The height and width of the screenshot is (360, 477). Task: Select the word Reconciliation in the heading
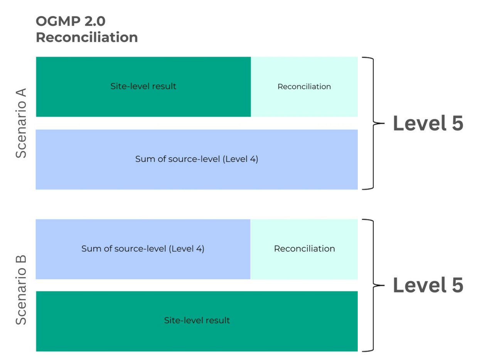click(x=87, y=37)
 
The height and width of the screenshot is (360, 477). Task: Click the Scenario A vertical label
click(x=21, y=123)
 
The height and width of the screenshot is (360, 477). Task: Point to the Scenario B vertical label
click(x=21, y=290)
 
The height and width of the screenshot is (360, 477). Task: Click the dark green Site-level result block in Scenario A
click(x=143, y=86)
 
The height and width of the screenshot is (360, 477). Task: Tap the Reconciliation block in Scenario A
click(x=304, y=86)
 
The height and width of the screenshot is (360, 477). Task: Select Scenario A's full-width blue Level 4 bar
click(x=197, y=159)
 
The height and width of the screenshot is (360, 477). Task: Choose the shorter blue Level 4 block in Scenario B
click(x=143, y=249)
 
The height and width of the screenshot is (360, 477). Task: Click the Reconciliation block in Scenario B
click(x=304, y=249)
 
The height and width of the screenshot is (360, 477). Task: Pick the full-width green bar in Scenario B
click(x=197, y=321)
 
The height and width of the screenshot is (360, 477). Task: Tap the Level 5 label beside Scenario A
click(x=428, y=123)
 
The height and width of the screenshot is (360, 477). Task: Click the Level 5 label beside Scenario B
click(x=428, y=285)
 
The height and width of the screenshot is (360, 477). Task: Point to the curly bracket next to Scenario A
click(x=373, y=123)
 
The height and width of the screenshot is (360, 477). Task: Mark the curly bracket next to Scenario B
click(x=373, y=285)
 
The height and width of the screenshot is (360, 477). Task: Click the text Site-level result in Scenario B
click(x=197, y=320)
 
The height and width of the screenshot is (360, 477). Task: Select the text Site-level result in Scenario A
click(x=143, y=86)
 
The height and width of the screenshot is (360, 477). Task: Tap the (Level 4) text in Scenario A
click(x=240, y=159)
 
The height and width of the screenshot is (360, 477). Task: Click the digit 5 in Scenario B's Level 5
click(x=457, y=285)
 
